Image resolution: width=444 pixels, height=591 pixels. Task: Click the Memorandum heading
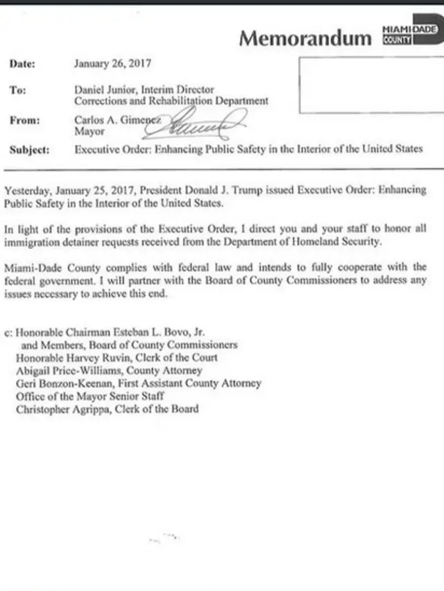click(305, 38)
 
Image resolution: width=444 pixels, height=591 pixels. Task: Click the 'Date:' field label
click(22, 64)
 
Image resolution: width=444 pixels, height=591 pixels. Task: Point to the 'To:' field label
click(18, 90)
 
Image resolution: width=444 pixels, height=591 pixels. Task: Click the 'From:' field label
click(25, 120)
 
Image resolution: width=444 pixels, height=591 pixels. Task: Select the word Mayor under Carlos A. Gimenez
click(89, 131)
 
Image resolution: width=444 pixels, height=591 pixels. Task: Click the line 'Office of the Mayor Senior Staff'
click(90, 396)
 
